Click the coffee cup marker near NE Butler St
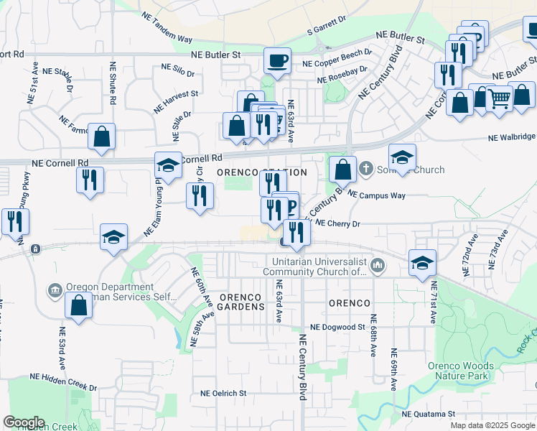(x=277, y=60)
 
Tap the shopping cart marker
(x=499, y=98)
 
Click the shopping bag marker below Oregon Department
(x=78, y=305)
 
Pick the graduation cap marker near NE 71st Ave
(x=422, y=263)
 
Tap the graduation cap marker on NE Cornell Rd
(x=168, y=166)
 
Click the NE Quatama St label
(x=429, y=414)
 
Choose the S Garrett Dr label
(x=326, y=29)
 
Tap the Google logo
(x=24, y=422)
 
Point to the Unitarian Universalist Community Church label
(x=315, y=267)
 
